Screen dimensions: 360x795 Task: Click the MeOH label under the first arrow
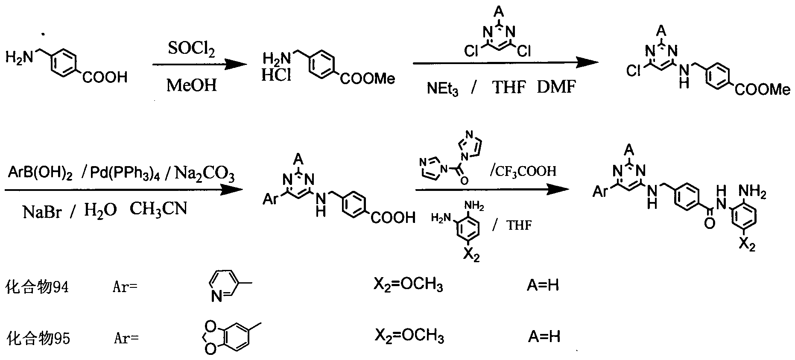tap(192, 85)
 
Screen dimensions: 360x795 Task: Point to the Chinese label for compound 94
tap(37, 287)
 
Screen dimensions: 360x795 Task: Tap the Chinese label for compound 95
tap(38, 339)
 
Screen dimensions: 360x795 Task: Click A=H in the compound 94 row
tap(542, 285)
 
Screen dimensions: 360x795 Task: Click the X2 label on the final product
tap(747, 245)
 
